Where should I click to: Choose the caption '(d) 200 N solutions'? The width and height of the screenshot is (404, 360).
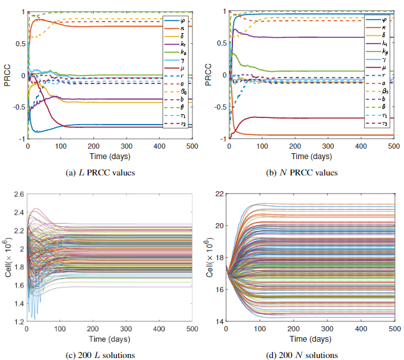tap(309, 355)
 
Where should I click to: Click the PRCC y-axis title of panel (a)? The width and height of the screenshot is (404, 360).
tap(8, 75)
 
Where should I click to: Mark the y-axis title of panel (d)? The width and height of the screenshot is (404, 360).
tap(210, 257)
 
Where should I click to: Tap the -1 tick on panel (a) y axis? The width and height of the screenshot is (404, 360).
tap(21, 139)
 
